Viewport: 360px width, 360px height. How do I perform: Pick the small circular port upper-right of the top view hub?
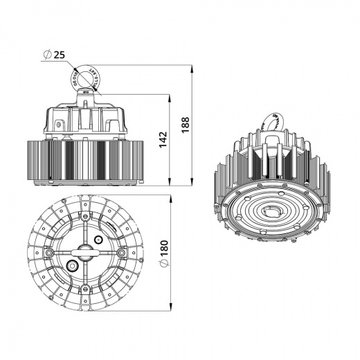tap(98, 240)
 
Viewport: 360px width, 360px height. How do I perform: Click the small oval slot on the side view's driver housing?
tap(61, 125)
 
